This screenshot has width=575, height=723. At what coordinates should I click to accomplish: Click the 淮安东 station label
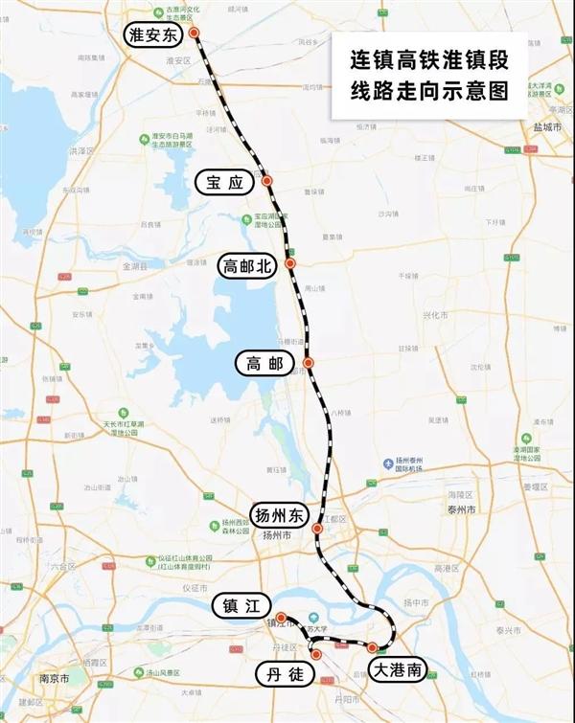tap(156, 36)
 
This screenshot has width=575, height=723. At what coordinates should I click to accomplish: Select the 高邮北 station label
tap(248, 265)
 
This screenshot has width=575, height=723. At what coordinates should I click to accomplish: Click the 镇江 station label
tap(241, 605)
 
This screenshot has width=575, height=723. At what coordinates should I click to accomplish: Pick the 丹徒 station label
tap(283, 674)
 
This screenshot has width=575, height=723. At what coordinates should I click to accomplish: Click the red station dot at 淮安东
tap(195, 33)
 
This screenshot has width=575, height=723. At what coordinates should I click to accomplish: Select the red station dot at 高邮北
tap(289, 263)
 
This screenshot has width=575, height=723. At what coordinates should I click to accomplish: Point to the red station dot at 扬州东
tap(317, 528)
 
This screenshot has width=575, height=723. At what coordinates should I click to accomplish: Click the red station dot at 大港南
tap(373, 648)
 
